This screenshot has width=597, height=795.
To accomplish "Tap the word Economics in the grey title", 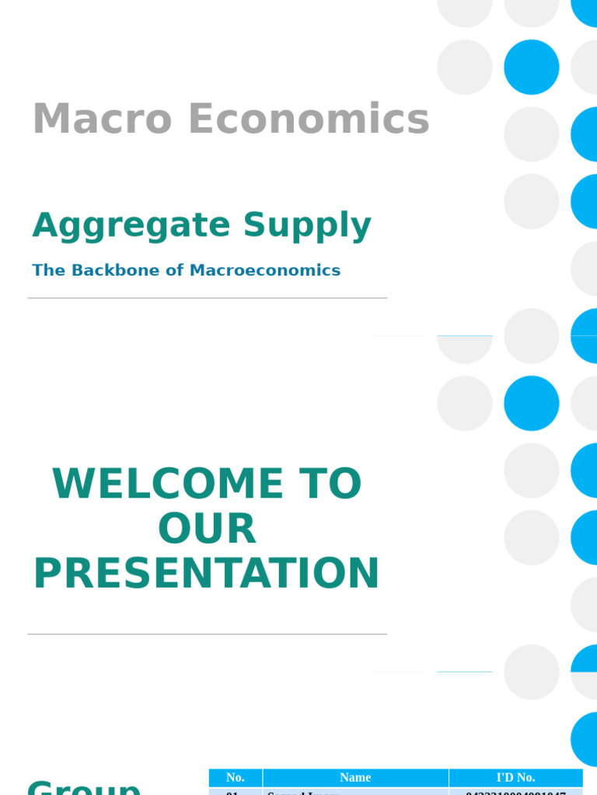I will coord(309,120).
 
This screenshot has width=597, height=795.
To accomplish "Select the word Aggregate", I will coord(131,226).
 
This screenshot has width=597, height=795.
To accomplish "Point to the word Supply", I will coord(307,226).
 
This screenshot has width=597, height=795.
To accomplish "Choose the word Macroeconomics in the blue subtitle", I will coord(265,270).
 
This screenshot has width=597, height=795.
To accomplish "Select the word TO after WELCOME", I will coord(333,484).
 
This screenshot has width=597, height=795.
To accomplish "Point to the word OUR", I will coord(207,529).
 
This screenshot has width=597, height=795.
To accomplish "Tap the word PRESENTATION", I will coord(207,574).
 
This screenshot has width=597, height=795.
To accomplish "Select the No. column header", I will coord(236,777).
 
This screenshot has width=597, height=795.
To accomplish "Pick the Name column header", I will coord(355,777).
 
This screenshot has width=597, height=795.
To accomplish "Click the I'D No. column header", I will coord(515,777).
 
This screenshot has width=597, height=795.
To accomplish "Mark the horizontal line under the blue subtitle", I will coord(207,298).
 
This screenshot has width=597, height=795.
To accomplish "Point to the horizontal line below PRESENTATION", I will coord(207,634).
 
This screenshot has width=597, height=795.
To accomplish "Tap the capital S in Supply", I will coord(254,225).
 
